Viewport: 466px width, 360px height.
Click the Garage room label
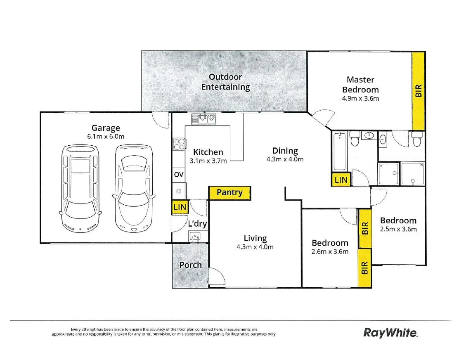coord(106,128)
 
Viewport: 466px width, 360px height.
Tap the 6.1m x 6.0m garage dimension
coord(106,137)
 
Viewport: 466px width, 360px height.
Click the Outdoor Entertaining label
coord(225,82)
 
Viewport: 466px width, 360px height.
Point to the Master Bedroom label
coord(360,85)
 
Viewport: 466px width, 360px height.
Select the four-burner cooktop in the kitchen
coord(179,144)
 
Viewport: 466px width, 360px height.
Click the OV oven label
coord(178,175)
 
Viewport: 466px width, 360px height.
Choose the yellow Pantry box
coord(229,192)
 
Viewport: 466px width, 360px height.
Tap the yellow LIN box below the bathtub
coord(341,180)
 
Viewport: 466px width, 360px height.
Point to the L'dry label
coord(197,225)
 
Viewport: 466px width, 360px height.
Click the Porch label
coord(190,265)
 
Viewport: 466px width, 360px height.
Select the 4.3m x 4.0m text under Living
coord(255,247)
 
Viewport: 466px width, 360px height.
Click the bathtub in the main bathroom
coord(339,151)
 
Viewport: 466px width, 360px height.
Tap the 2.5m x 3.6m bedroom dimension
coord(398,230)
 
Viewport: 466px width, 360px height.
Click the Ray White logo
coord(390,332)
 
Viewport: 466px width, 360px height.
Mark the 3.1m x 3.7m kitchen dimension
coord(208,161)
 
